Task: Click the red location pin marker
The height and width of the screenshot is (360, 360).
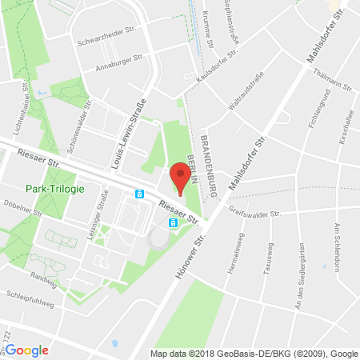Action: click(182, 177)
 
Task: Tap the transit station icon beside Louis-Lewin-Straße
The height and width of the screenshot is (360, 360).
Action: click(138, 194)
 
